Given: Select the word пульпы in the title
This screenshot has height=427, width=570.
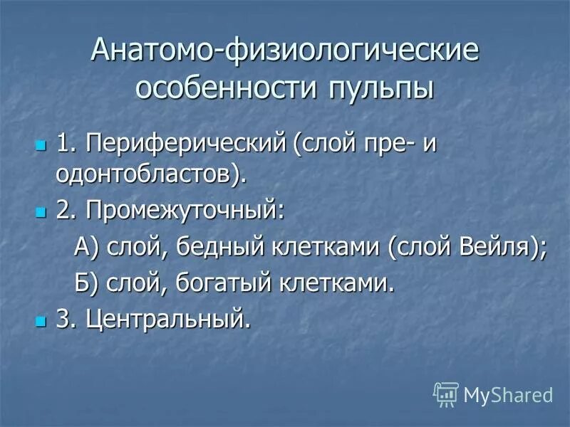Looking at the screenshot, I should point(381,91).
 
